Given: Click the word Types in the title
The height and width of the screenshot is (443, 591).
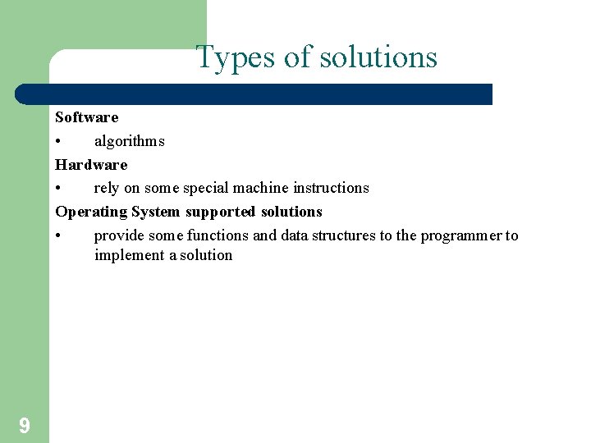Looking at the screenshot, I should coord(236,58).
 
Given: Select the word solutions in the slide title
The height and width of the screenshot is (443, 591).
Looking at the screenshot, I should coord(378,58).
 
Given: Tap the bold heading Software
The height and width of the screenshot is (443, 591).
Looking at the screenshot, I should coord(87,117).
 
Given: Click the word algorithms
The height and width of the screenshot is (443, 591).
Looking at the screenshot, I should coord(129,141).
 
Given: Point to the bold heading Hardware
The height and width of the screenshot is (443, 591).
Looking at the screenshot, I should coord(91,165).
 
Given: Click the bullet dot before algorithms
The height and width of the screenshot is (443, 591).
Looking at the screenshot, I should coord(59,142).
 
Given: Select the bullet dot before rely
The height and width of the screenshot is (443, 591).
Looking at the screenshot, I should coord(59,189).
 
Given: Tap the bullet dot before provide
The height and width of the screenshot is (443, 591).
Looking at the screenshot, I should coord(59,236).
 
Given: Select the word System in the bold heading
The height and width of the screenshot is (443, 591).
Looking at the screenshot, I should coord(156,212).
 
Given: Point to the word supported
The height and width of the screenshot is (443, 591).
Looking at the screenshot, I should coord(221,212).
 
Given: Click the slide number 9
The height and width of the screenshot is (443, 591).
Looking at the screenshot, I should coord(25,425).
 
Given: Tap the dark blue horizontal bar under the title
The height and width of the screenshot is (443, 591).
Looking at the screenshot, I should coord(254,94).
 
